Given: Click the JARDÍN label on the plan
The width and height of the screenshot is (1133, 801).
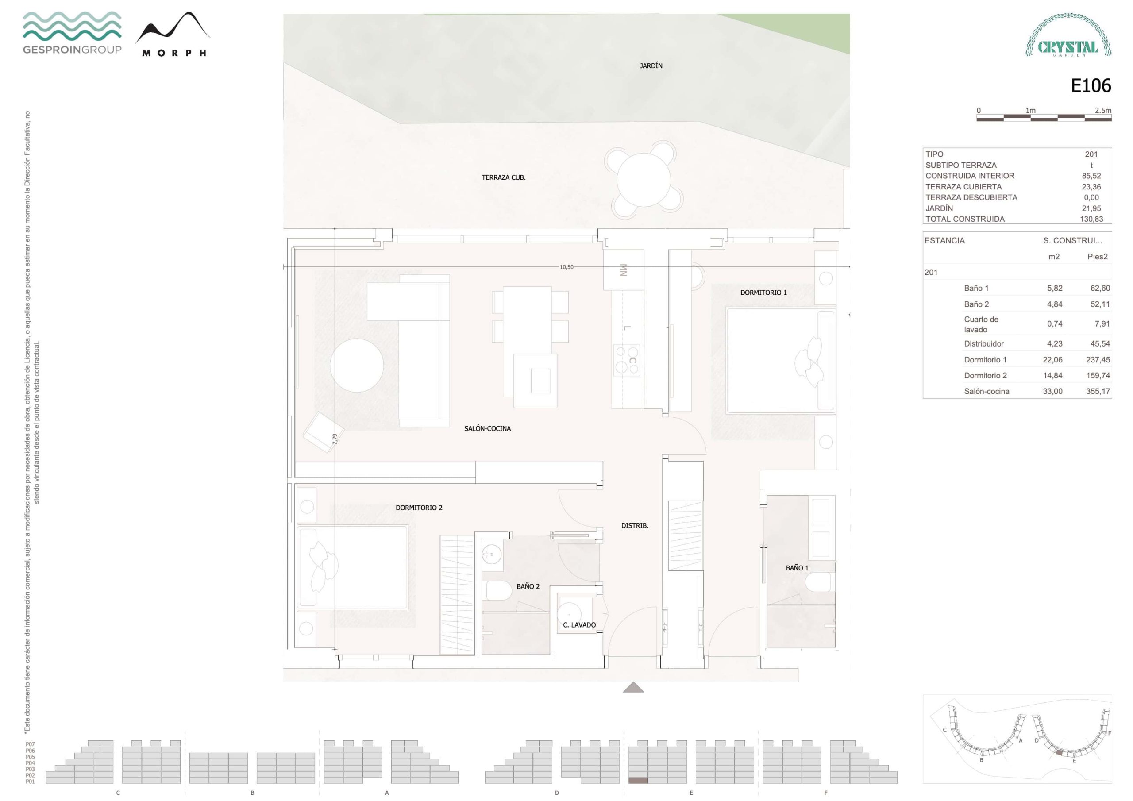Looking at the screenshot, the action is [651, 65].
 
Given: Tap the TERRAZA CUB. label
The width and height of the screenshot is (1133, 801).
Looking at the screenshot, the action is [503, 177].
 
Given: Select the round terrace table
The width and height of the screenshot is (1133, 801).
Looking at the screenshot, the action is [644, 180].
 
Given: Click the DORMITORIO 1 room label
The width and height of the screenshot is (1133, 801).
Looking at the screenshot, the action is [763, 293].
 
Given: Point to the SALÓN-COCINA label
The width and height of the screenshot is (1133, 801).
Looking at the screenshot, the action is [488, 428].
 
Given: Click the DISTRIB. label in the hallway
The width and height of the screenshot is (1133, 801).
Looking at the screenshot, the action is [635, 526].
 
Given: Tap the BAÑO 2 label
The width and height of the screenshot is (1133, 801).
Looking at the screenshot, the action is [528, 586].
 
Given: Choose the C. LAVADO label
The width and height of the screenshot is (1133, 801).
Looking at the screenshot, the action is [579, 625].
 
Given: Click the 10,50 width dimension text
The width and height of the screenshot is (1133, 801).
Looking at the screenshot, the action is [566, 267].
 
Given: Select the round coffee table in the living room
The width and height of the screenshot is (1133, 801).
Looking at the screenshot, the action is [357, 366].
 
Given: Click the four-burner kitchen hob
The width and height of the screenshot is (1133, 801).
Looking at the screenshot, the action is [627, 360].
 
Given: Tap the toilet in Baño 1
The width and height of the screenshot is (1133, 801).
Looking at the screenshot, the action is [820, 582].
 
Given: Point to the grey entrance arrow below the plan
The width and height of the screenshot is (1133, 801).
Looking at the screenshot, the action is [634, 687].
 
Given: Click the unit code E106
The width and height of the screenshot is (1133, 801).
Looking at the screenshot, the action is [1091, 86].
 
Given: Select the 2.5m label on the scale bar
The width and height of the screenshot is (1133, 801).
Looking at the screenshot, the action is [1103, 111].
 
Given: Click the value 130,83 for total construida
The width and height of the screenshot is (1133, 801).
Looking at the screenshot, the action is [1091, 219].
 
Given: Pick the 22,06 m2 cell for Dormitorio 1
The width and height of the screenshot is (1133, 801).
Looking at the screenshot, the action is [1052, 360].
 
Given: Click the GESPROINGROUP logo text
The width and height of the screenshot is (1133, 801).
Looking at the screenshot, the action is [72, 50].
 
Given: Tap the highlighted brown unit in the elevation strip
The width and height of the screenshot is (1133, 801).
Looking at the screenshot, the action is [638, 781].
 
